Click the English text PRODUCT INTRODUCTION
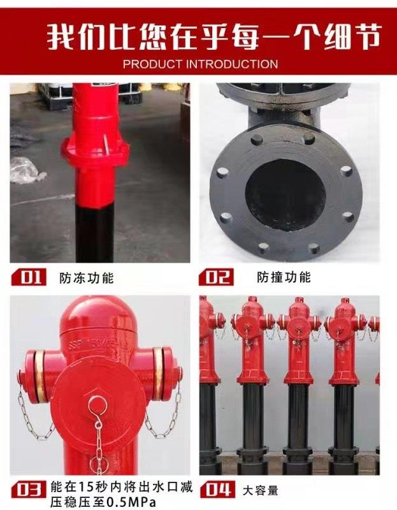(200, 64)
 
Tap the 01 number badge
(29, 277)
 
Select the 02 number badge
(216, 277)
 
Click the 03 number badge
(29, 490)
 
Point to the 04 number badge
(217, 490)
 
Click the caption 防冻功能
(87, 278)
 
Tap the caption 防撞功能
(284, 277)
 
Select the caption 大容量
(260, 490)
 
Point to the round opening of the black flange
(285, 195)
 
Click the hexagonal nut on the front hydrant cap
(97, 406)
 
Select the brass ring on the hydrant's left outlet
(40, 375)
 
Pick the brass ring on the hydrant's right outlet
(157, 374)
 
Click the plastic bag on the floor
(27, 170)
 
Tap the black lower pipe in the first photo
(94, 232)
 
